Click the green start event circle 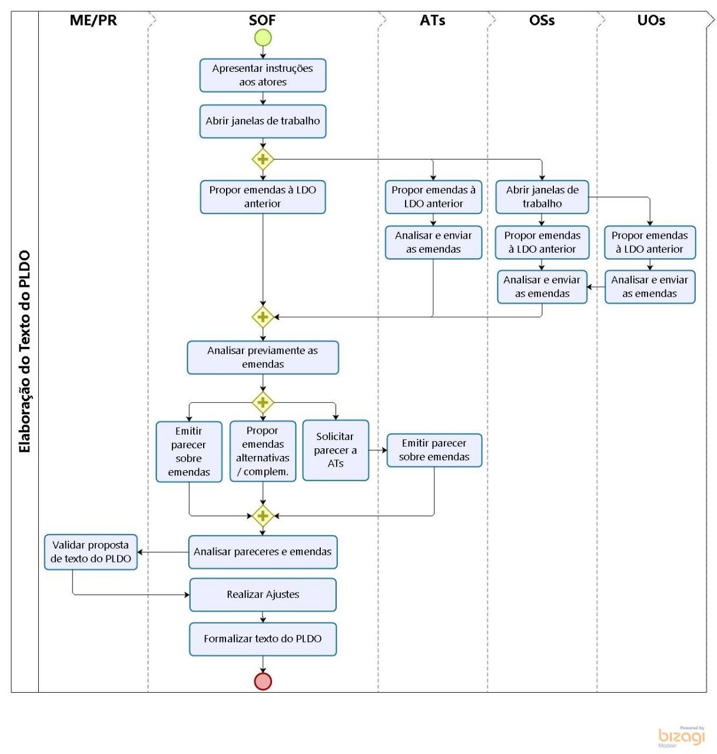(x=263, y=38)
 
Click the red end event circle (x=263, y=681)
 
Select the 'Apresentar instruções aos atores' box (x=263, y=75)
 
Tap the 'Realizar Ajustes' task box (x=263, y=594)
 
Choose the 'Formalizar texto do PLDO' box (x=263, y=639)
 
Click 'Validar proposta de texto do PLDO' (x=91, y=552)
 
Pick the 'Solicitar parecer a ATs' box (x=336, y=450)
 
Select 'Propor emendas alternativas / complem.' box (x=263, y=451)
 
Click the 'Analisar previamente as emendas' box (x=263, y=358)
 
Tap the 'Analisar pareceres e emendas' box (x=263, y=552)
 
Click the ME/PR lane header (x=93, y=21)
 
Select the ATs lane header (x=433, y=21)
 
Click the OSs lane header (x=542, y=21)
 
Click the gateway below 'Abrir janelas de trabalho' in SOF (x=263, y=159)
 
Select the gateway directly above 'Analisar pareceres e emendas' (x=263, y=516)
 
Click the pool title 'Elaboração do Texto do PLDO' (x=25, y=351)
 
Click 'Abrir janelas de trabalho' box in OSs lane (x=542, y=197)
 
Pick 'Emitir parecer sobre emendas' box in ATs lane (x=434, y=450)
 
